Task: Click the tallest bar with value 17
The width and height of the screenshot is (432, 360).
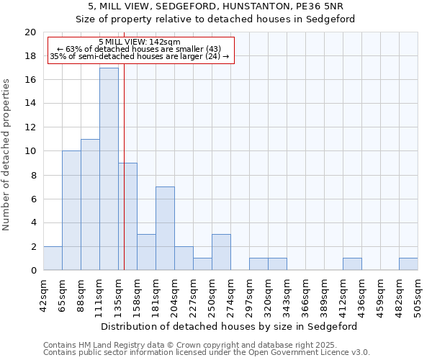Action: [x=109, y=169]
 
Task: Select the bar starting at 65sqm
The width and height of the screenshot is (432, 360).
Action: [x=71, y=210]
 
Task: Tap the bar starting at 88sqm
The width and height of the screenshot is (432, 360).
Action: [x=90, y=204]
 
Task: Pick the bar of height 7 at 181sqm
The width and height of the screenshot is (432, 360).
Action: [x=165, y=228]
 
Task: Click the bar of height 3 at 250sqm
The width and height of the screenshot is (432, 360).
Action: [x=221, y=252]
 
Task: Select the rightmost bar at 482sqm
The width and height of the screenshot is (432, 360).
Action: [x=408, y=264]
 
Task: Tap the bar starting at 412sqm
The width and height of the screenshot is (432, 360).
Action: [x=352, y=264]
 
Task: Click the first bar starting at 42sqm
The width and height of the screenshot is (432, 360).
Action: [x=53, y=258]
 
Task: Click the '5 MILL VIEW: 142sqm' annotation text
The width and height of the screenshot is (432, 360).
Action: [x=140, y=42]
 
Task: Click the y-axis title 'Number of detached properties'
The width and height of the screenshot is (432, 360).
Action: [x=7, y=155]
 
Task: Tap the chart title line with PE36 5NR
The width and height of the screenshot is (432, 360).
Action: [x=215, y=7]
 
